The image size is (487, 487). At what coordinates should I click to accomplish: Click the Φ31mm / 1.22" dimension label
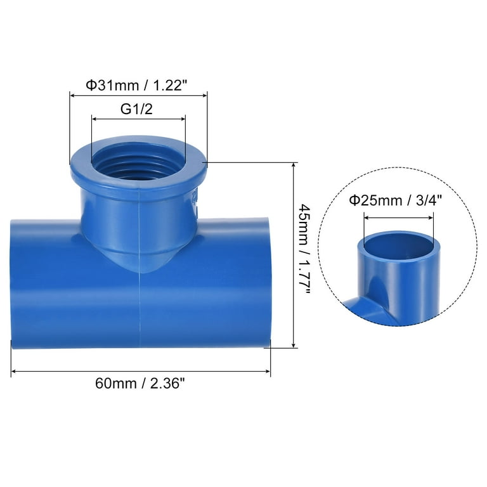pos(138,84)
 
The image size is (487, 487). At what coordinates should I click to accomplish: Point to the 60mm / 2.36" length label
pos(141,384)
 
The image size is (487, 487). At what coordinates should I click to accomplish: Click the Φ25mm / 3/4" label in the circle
pos(398,202)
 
